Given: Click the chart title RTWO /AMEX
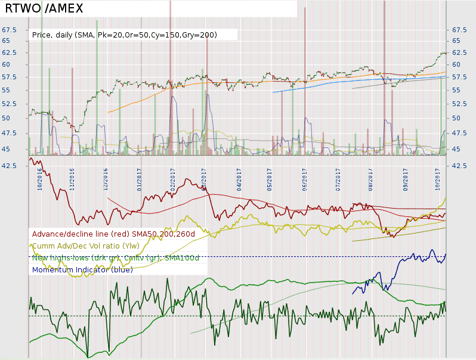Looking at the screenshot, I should pos(44,8).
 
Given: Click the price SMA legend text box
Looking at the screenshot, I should pos(125,35).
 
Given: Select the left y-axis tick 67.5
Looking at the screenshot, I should pos(9,30).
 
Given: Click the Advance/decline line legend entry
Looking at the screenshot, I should pos(113,234).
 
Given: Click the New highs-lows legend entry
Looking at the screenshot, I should pos(108,257).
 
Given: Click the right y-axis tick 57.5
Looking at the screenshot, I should pos(460,77).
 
